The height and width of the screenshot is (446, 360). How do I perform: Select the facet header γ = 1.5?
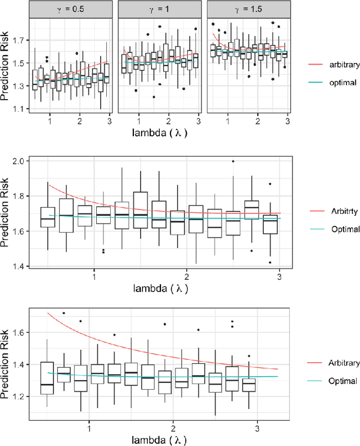click(248, 10)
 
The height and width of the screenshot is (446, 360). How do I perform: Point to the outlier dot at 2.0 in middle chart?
click(232, 161)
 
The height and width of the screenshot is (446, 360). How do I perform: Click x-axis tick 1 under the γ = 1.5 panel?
click(227, 121)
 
